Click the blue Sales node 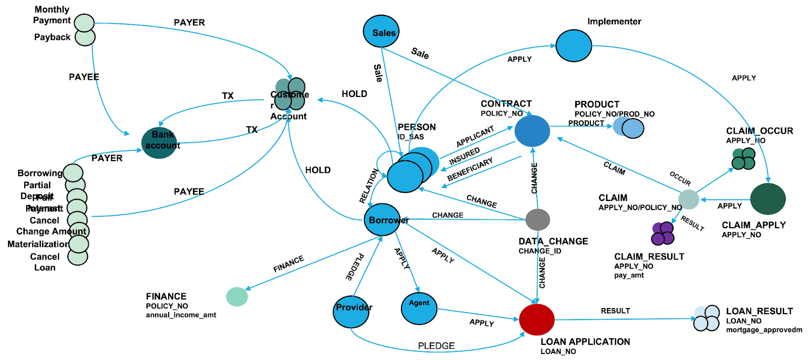point(381,31)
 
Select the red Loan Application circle point(536,319)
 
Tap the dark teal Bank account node point(159,142)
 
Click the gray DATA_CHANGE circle point(537,220)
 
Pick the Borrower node point(382,220)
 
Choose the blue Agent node point(419,308)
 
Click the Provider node point(351,312)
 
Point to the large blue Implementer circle point(573,45)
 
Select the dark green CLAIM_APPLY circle point(768,199)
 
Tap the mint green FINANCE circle point(237,297)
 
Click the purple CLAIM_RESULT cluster point(663,234)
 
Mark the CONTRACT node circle point(532,131)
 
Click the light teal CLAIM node point(688,199)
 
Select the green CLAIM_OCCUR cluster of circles point(743,159)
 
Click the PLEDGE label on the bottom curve point(436,346)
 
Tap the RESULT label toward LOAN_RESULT point(615,311)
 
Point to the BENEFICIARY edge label point(470,170)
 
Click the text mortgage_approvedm point(764,330)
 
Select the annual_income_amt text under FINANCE point(181,315)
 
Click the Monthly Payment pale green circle point(84,23)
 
